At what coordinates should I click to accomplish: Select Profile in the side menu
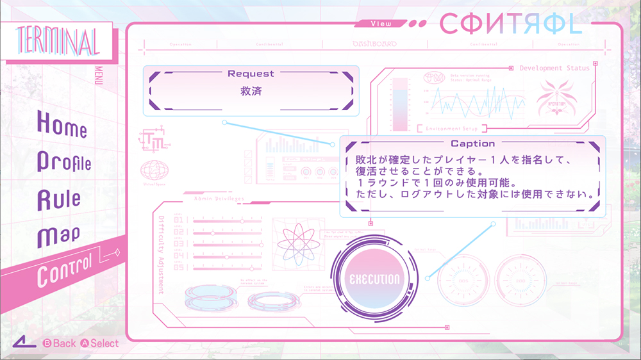(x=64, y=161)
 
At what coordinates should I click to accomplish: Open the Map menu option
(x=58, y=236)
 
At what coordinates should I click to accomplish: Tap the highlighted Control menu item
(x=64, y=270)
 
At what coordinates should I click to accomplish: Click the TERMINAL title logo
(x=57, y=42)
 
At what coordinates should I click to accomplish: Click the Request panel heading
(x=251, y=74)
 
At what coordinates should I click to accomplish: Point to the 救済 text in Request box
(x=251, y=91)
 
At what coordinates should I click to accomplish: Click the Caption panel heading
(x=472, y=144)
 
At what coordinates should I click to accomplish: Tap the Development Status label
(x=554, y=68)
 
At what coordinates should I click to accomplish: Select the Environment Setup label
(x=453, y=128)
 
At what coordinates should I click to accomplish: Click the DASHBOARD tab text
(x=374, y=44)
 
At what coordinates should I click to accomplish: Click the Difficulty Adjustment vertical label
(x=161, y=254)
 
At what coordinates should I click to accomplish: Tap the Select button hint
(x=99, y=343)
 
